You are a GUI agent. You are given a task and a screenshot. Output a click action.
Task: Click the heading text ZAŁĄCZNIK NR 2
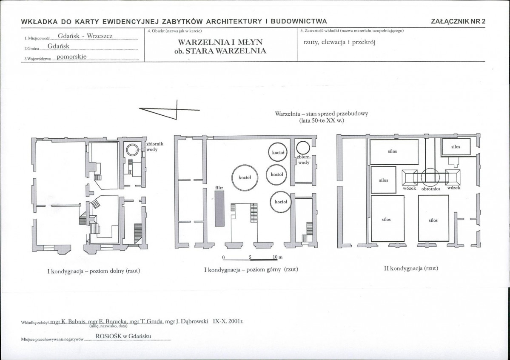point(458,21)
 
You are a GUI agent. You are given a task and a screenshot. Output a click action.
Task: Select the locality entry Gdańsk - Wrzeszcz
point(85,36)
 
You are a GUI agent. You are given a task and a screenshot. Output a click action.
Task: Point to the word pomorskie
point(71,57)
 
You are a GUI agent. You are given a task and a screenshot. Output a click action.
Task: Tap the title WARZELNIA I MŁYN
point(220,42)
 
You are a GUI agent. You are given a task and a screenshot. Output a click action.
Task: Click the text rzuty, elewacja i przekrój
point(339,42)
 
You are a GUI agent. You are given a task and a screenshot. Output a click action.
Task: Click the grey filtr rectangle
point(219,209)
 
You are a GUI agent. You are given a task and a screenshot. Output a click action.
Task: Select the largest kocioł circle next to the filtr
point(245,178)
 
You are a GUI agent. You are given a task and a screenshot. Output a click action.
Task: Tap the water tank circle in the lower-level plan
point(133,150)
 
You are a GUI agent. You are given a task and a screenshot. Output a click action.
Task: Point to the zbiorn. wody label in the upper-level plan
point(303,160)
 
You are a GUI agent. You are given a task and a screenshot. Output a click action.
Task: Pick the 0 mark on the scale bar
point(223,257)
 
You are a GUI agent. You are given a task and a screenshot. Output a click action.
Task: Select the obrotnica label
point(430,189)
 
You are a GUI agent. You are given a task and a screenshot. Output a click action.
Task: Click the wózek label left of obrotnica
point(409,188)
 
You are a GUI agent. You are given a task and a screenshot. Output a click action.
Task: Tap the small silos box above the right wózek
point(456,147)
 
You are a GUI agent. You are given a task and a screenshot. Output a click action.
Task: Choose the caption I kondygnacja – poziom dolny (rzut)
point(94,271)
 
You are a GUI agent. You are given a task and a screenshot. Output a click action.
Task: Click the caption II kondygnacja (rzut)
point(411,268)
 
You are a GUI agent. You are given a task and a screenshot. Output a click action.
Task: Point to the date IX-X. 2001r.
point(228,321)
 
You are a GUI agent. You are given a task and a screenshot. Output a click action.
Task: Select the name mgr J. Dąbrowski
point(187,322)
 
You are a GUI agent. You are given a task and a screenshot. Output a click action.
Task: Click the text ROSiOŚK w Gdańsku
point(123,336)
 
